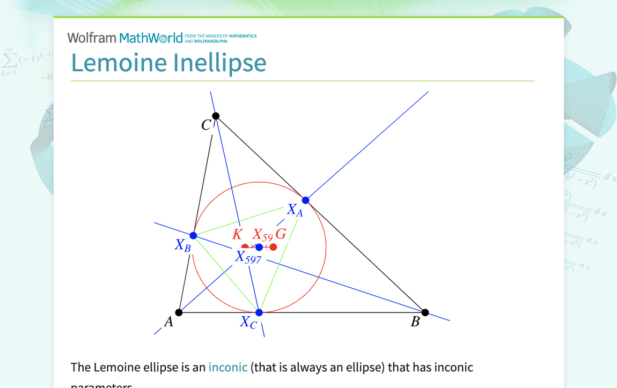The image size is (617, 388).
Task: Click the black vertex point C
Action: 216,116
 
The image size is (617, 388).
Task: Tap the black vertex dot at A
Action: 179,312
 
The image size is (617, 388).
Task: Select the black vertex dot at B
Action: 425,312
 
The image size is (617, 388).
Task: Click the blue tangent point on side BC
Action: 306,200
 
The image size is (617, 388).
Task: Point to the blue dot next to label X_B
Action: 194,235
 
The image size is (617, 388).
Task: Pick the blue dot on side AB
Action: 259,312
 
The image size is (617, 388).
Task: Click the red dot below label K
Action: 245,247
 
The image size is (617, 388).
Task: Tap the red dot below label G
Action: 274,247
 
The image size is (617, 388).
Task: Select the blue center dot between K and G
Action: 259,247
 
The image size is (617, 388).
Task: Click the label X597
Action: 248,258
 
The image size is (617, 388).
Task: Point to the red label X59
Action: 263,235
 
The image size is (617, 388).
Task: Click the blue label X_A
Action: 295,210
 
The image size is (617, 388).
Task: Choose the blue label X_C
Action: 248,323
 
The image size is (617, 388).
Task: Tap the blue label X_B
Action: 182,245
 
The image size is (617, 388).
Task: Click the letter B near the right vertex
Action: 415,322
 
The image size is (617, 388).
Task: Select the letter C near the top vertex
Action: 206,125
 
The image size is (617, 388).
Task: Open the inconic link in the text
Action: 228,368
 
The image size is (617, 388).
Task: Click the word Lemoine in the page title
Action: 119,63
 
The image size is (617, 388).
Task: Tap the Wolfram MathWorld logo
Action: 125,38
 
